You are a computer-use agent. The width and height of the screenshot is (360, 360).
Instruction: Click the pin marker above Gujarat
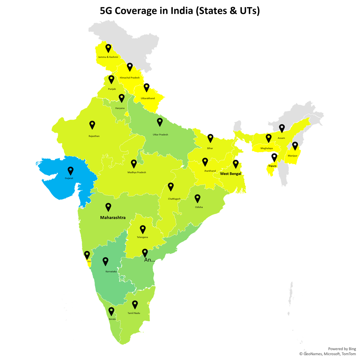point(70,171)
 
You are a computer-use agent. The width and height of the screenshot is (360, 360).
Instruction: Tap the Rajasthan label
point(94,136)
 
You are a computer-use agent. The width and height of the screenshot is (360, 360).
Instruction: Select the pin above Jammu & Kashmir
point(108,48)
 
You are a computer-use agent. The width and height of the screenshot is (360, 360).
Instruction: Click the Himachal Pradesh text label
point(130,78)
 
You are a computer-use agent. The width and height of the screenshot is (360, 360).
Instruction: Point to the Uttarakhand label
point(148,98)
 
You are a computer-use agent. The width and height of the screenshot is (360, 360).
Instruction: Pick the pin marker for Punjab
point(111,79)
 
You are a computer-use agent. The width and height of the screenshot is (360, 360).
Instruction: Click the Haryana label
point(120,108)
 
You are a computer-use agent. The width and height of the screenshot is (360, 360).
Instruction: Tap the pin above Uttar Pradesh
point(160,122)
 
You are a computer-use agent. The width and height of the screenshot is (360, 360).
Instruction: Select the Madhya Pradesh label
point(136,172)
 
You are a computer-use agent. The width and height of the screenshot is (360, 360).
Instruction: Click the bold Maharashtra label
point(113,217)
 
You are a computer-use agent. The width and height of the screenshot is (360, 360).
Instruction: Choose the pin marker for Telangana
point(143,229)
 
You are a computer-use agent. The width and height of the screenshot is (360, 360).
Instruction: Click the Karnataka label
point(111,272)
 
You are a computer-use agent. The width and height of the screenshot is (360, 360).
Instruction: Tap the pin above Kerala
point(111,311)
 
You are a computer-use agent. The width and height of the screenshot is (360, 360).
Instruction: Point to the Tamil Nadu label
point(134,313)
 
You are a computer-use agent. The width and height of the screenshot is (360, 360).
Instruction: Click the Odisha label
point(199,207)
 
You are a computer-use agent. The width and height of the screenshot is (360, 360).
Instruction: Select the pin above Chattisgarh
point(171,187)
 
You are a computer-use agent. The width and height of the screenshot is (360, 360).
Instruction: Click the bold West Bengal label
point(231,174)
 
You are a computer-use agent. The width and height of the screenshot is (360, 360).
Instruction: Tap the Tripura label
point(272,166)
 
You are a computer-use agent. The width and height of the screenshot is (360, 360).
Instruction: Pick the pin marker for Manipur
point(295,146)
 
